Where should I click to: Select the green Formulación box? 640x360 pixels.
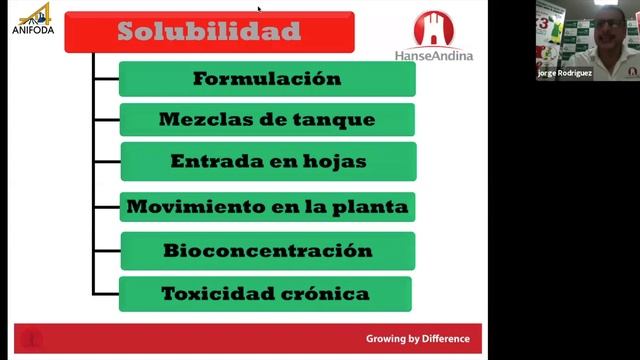(266, 79)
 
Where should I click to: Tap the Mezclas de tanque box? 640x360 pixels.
(266, 120)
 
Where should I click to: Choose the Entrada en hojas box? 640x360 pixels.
(268, 161)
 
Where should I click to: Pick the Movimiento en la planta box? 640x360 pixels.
(267, 208)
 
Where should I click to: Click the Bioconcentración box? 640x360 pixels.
(267, 251)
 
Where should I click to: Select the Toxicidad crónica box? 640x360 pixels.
(265, 294)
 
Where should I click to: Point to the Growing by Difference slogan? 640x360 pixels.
(417, 339)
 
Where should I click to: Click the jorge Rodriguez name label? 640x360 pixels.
(565, 73)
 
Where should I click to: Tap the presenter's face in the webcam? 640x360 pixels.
(607, 30)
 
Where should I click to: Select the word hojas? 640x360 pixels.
(338, 161)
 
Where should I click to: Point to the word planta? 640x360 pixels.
(378, 208)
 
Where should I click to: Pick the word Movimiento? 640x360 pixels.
(180, 208)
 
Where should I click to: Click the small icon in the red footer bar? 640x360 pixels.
(31, 339)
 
